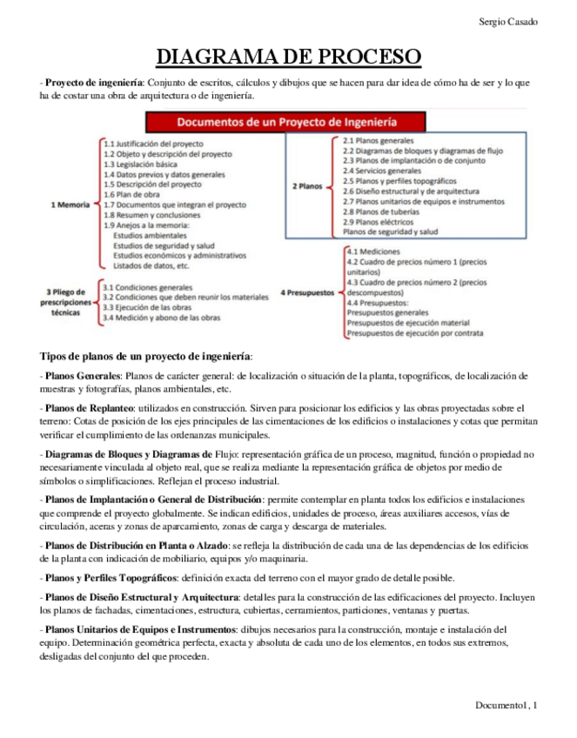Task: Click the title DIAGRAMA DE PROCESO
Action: [x=288, y=57]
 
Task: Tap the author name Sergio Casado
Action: [x=508, y=21]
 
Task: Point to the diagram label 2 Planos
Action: [x=307, y=186]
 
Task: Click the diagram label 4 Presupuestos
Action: [x=307, y=292]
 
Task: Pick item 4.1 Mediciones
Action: [x=374, y=252]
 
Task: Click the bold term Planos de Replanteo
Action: [x=87, y=407]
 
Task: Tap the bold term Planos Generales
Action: [x=84, y=376]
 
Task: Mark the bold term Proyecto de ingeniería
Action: [x=95, y=82]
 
